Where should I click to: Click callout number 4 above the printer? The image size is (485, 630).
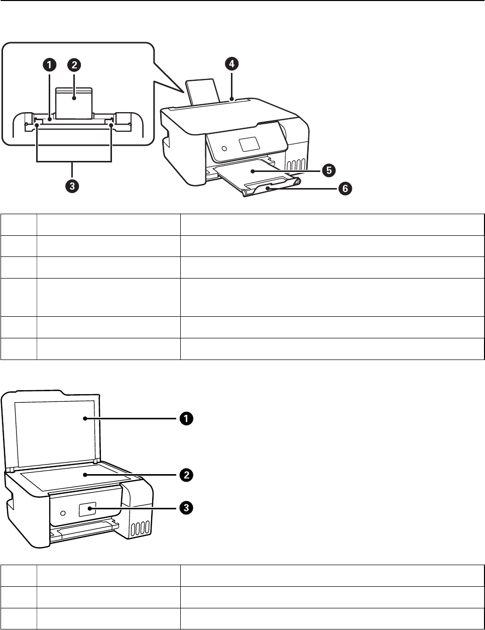click(x=231, y=64)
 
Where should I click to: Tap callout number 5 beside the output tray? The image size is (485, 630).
click(x=329, y=171)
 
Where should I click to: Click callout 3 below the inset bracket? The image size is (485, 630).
click(x=73, y=187)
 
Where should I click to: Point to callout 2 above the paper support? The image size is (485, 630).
click(x=74, y=65)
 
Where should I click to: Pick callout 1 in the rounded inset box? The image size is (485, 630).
click(x=49, y=65)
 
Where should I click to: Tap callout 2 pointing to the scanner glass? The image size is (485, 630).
click(x=186, y=475)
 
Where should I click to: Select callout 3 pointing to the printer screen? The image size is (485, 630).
click(x=186, y=508)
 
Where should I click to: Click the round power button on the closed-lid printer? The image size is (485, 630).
click(x=224, y=149)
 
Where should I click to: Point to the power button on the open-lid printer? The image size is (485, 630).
click(x=62, y=513)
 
